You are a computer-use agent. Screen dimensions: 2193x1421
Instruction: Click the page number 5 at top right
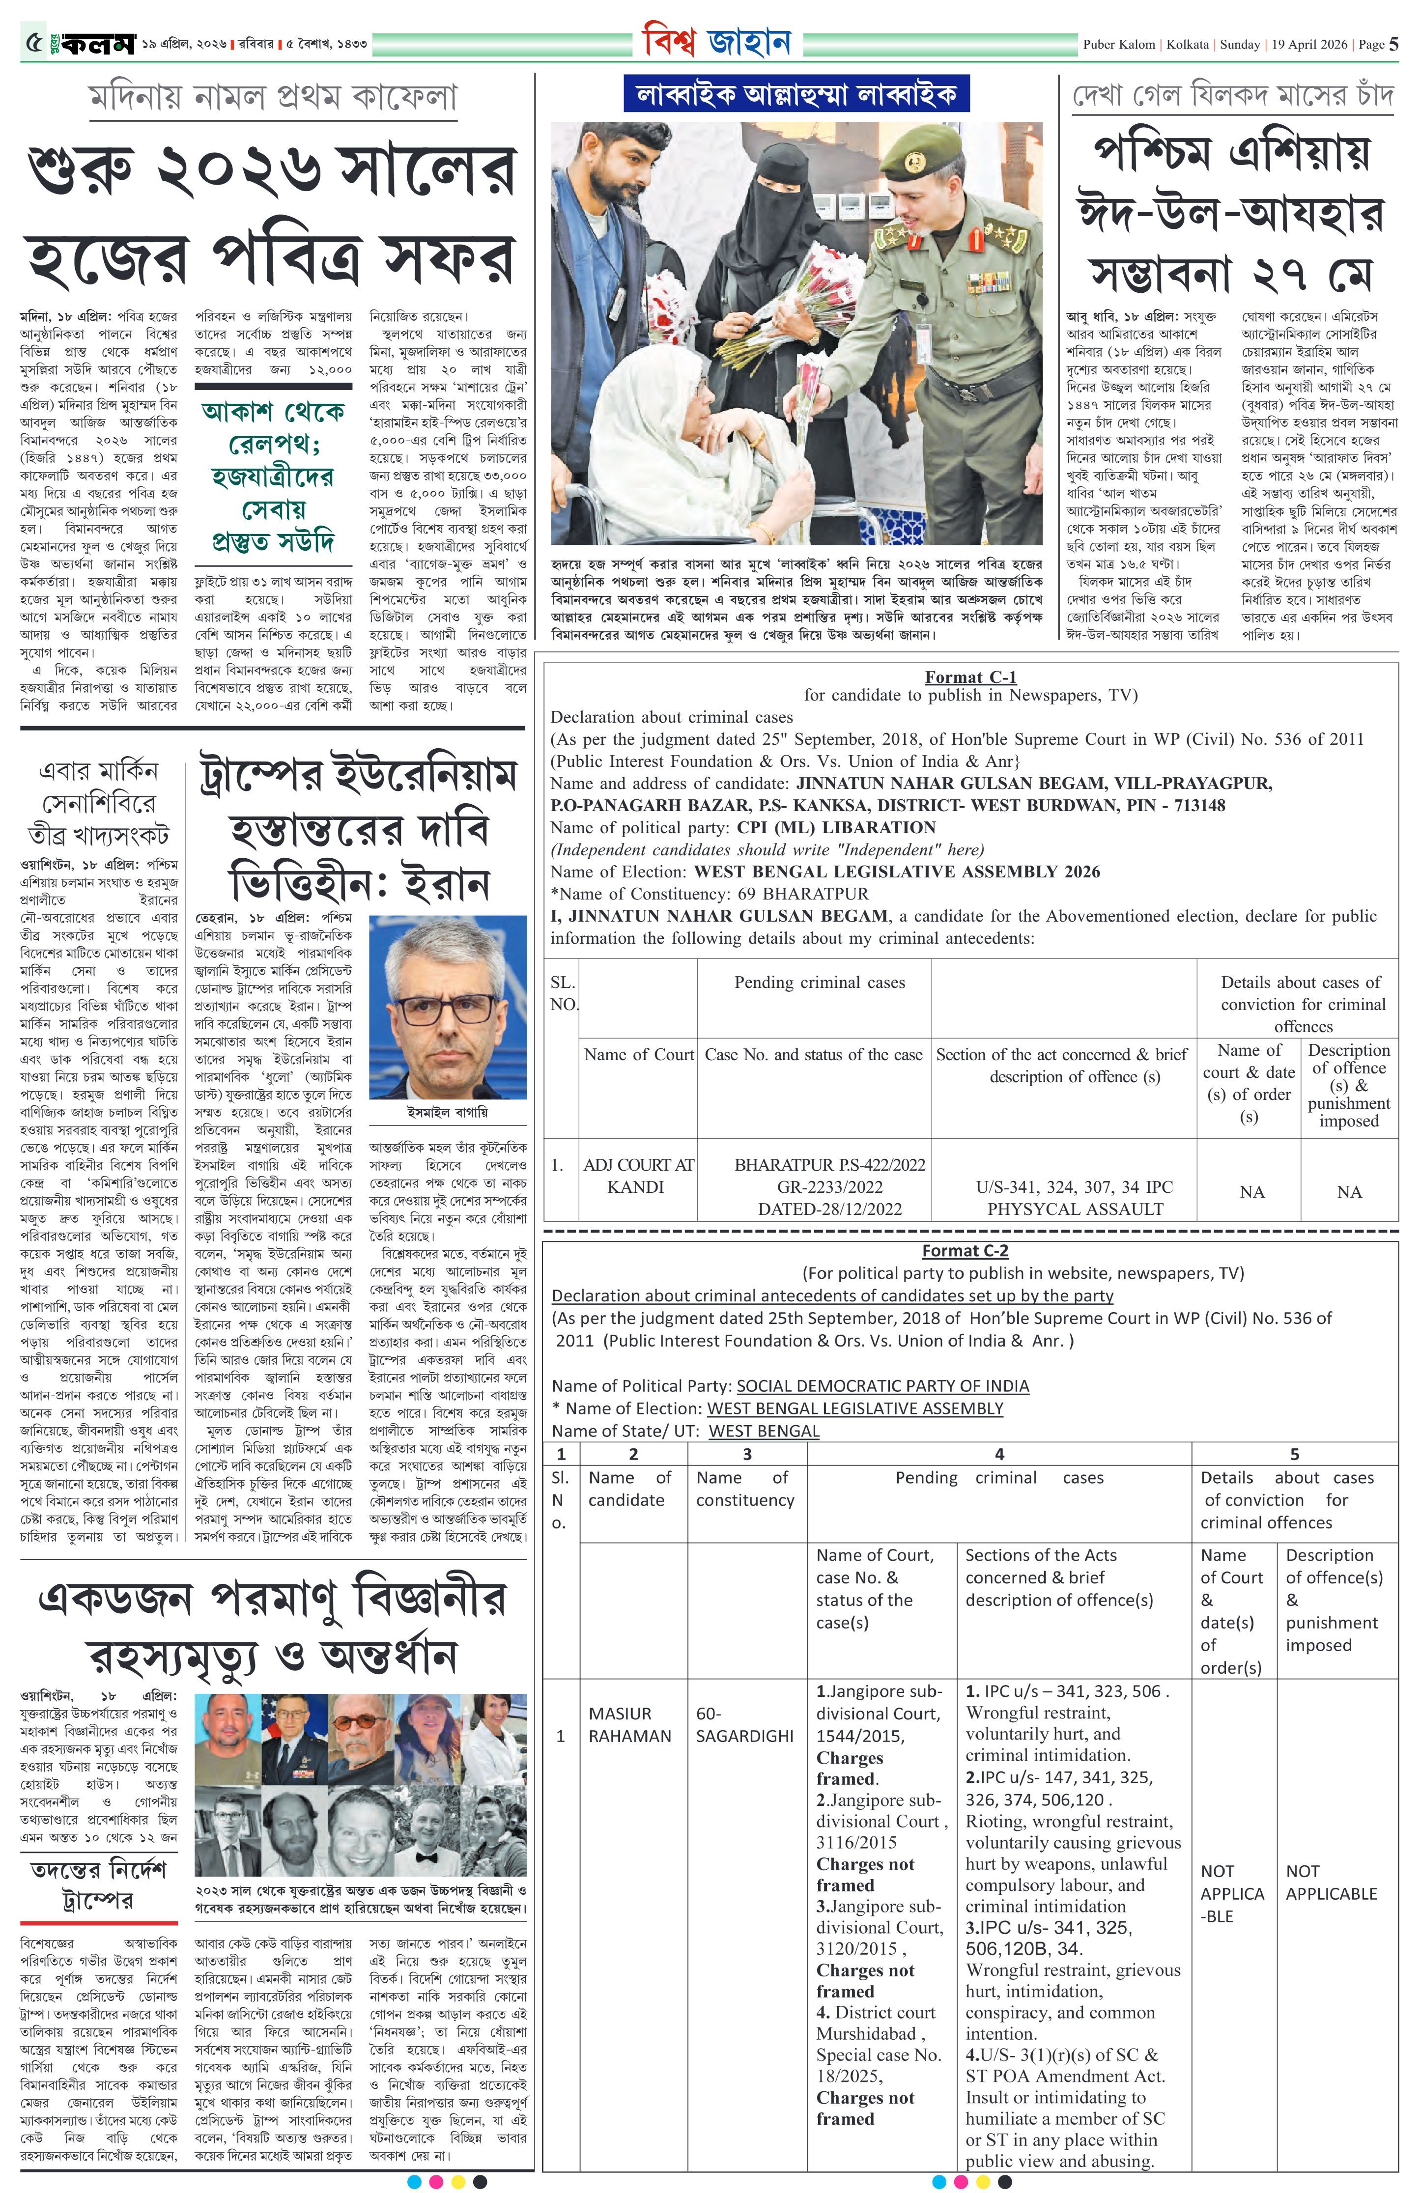point(1393,43)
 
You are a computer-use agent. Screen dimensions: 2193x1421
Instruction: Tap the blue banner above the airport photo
point(796,94)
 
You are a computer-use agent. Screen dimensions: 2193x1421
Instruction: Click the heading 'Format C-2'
point(965,1250)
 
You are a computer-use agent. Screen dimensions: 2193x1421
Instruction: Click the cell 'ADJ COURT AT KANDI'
point(638,1176)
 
